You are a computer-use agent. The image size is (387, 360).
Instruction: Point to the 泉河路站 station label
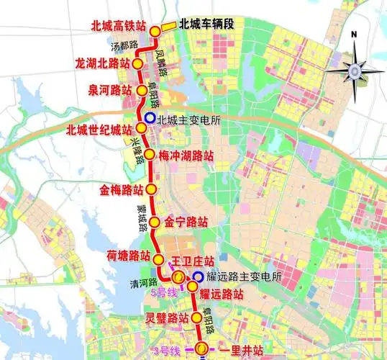click(x=109, y=91)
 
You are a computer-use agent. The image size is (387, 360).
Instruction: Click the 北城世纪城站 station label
click(x=98, y=130)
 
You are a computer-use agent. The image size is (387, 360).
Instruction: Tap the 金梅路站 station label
click(x=119, y=190)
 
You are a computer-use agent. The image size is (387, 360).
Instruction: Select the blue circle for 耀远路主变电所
click(x=197, y=276)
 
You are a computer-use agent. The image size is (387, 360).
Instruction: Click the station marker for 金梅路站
click(x=152, y=189)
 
